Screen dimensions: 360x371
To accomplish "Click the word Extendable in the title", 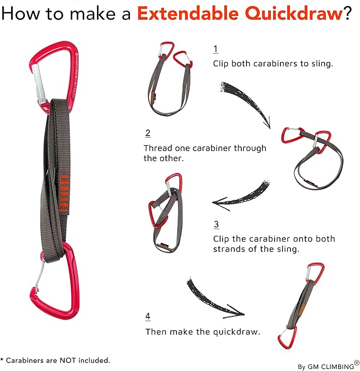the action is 188,13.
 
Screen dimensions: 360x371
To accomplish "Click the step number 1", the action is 215,49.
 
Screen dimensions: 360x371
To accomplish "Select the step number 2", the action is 148,134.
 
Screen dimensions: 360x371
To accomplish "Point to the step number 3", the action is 216,224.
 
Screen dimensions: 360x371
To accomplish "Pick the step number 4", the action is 148,316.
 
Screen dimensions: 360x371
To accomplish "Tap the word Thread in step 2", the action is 158,148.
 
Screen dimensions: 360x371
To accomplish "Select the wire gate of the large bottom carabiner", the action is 40,275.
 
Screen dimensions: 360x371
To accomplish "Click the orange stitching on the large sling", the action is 64,193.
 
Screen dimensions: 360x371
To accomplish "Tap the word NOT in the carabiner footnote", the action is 68,360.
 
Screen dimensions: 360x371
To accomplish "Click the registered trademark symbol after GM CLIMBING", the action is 357,363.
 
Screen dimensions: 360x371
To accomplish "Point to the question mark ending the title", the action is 348,13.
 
